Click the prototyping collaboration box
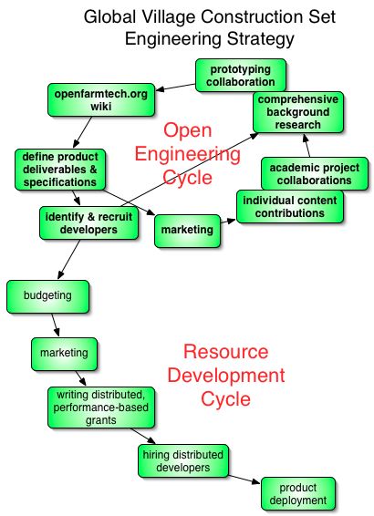[241, 76]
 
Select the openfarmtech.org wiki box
[101, 100]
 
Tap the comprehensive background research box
[298, 112]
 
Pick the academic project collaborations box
[315, 174]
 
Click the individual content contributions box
[290, 207]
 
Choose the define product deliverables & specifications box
[60, 170]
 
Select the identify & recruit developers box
[88, 223]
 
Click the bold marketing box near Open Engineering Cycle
[187, 231]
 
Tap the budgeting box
[47, 296]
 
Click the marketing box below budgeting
[64, 354]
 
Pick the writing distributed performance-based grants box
[101, 408]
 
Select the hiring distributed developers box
[183, 461]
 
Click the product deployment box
[298, 494]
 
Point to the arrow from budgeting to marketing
[56, 325]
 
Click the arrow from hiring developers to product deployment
[244, 480]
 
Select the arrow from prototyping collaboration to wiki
[175, 88]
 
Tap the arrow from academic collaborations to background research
[306, 145]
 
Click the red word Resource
[226, 352]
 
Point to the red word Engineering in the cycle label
[188, 154]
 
